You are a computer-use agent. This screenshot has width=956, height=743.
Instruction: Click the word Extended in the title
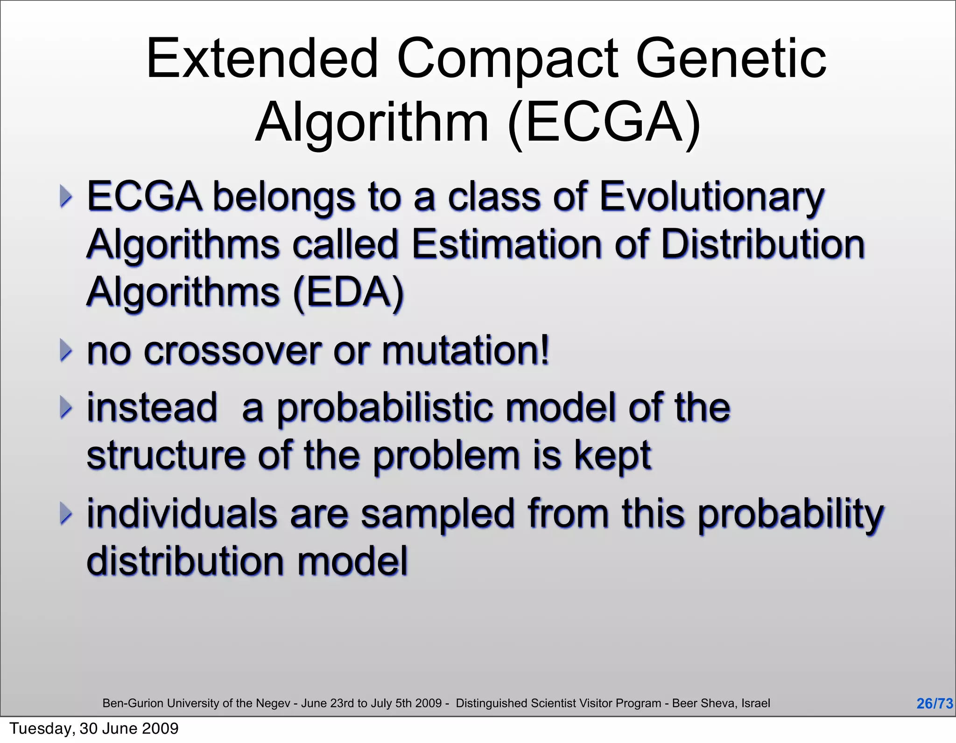262,59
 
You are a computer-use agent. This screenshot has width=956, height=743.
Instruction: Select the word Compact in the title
507,59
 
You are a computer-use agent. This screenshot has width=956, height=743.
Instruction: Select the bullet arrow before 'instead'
66,408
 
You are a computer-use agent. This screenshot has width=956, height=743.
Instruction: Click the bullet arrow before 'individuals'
66,514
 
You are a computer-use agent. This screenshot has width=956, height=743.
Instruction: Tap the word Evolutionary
711,197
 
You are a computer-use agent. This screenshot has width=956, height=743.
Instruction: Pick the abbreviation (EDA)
348,292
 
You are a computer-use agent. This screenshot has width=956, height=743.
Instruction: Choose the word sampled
437,514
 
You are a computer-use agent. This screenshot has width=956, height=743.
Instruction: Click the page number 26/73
934,703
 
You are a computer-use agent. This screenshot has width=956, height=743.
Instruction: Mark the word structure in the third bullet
166,455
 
